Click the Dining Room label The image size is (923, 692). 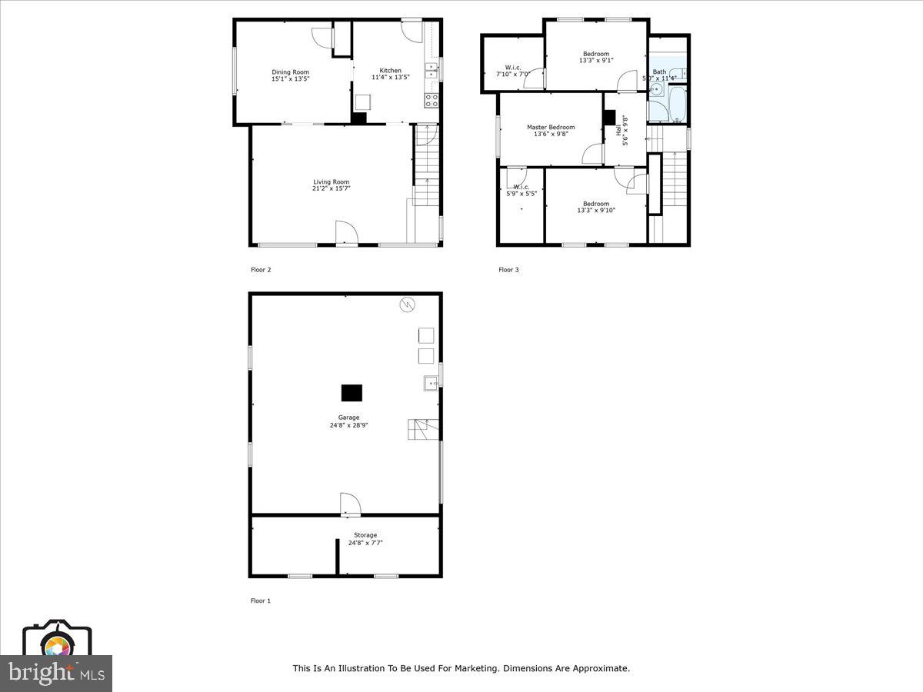click(290, 72)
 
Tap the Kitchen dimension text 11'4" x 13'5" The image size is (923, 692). click(390, 77)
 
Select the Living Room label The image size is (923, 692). click(331, 182)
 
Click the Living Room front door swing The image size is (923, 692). click(346, 232)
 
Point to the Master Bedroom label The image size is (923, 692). click(550, 128)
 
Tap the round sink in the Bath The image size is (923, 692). click(656, 90)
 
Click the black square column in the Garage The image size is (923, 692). click(352, 393)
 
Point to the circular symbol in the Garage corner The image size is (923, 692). click(406, 305)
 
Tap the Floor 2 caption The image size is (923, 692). click(261, 270)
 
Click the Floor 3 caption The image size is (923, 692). click(508, 270)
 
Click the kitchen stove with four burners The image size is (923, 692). click(432, 100)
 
